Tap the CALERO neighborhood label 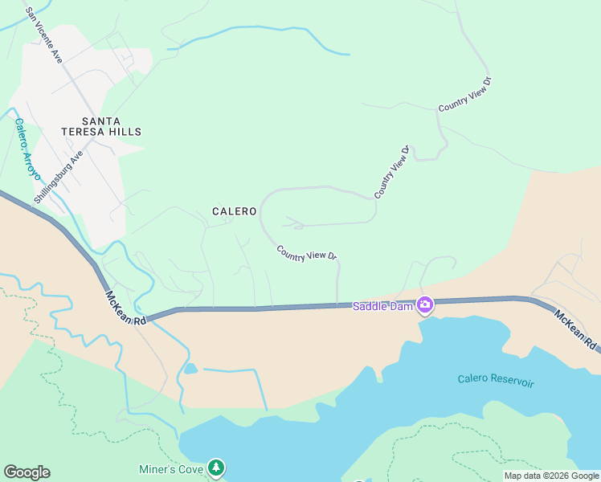click(x=234, y=211)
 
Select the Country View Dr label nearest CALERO click(x=306, y=253)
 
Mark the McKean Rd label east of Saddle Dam click(x=575, y=329)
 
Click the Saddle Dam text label click(x=382, y=306)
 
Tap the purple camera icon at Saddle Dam click(x=425, y=305)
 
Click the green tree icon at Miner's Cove click(x=215, y=468)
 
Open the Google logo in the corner click(x=27, y=472)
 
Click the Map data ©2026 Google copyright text click(x=551, y=476)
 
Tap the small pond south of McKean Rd click(x=190, y=369)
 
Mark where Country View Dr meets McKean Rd click(x=338, y=304)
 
